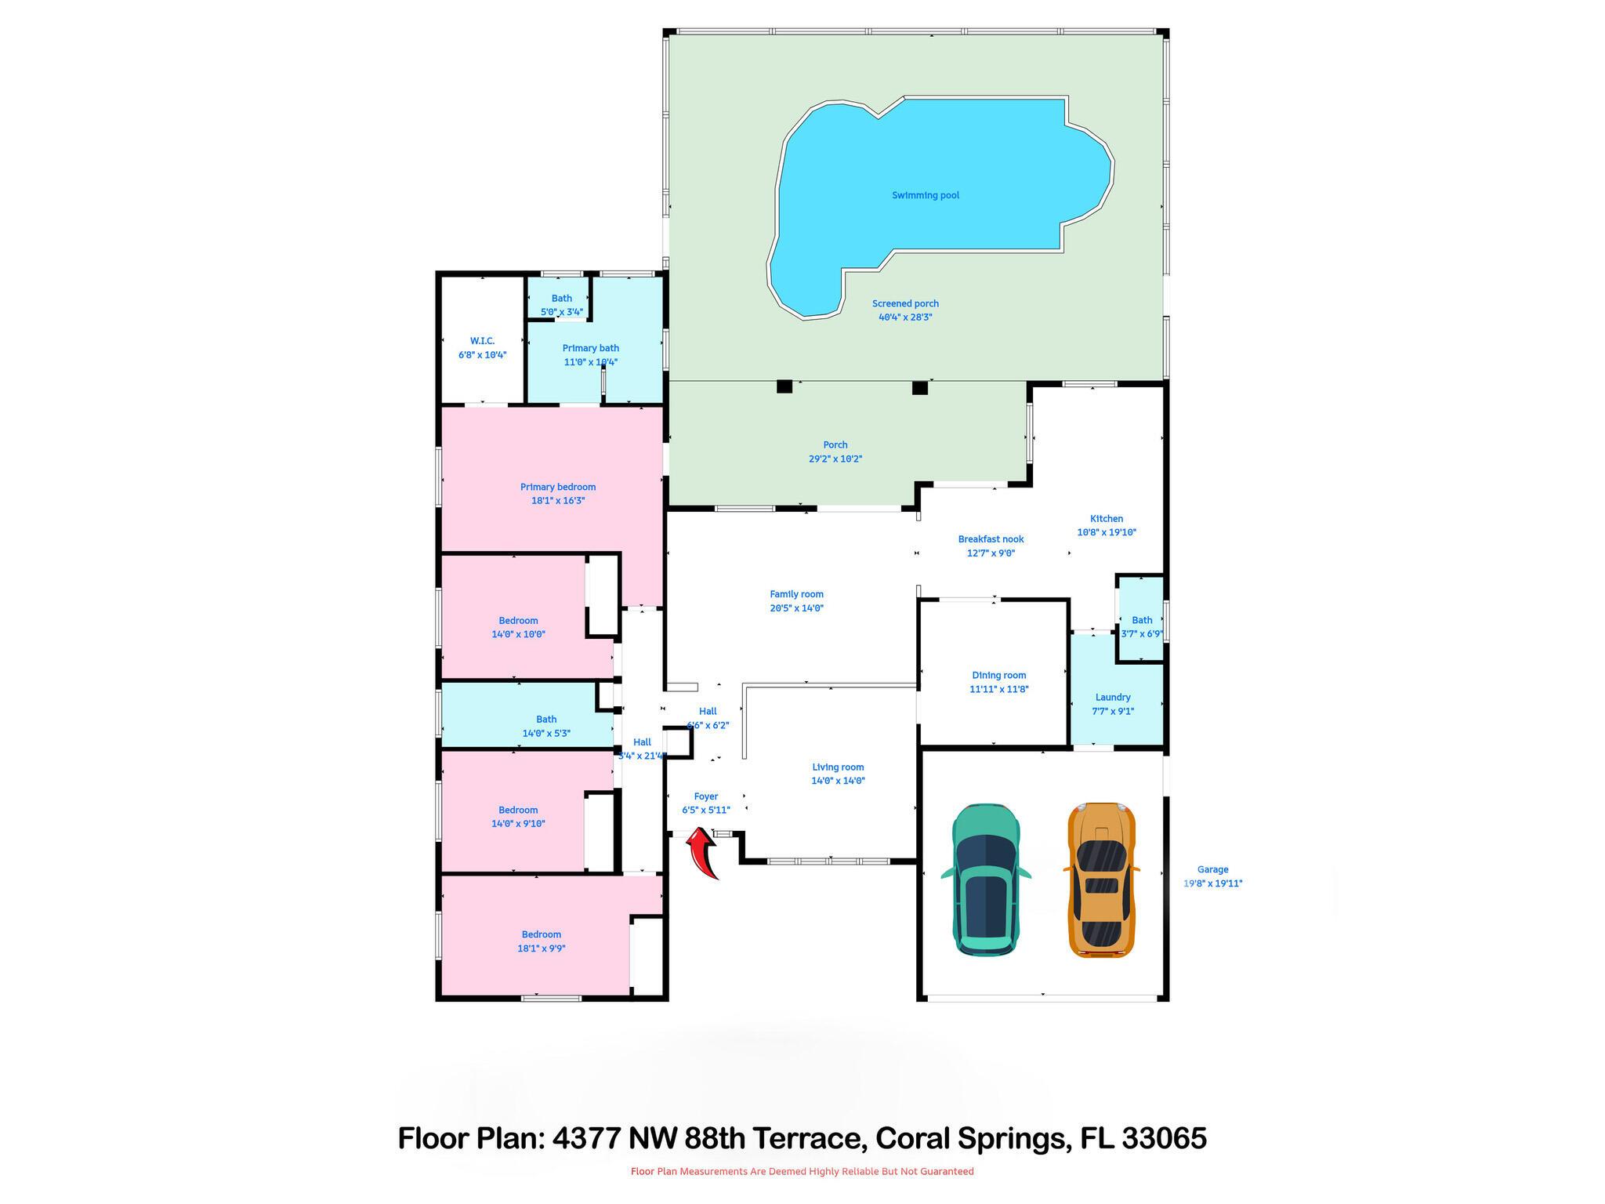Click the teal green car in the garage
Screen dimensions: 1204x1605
pyautogui.click(x=986, y=879)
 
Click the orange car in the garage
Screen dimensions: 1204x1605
pyautogui.click(x=1101, y=879)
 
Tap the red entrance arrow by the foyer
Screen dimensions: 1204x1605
pyautogui.click(x=703, y=854)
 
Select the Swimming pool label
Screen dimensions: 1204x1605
pyautogui.click(x=925, y=195)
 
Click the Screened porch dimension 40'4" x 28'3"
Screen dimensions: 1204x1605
pyautogui.click(x=905, y=317)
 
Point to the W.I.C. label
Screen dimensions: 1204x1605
pyautogui.click(x=482, y=341)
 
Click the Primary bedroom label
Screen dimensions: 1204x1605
pyautogui.click(x=557, y=487)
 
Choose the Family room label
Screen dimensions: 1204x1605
pyautogui.click(x=796, y=594)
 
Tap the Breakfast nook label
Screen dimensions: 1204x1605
pyautogui.click(x=991, y=539)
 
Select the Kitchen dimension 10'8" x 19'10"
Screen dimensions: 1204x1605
pyautogui.click(x=1106, y=532)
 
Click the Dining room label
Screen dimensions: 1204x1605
pyautogui.click(x=998, y=675)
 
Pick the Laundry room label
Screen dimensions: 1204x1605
pyautogui.click(x=1112, y=697)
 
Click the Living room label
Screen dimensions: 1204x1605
pyautogui.click(x=837, y=767)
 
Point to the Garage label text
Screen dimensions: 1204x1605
pyautogui.click(x=1212, y=869)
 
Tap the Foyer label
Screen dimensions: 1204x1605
pyautogui.click(x=705, y=796)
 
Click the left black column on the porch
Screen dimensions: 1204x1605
pyautogui.click(x=784, y=386)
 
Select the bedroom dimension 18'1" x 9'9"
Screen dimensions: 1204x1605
pyautogui.click(x=541, y=948)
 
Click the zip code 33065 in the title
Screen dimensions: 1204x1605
pyautogui.click(x=1164, y=1138)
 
